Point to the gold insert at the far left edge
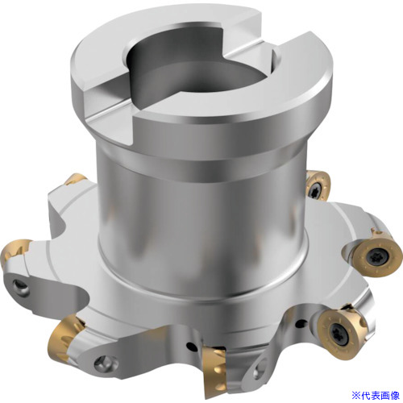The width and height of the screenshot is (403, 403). click(x=14, y=251)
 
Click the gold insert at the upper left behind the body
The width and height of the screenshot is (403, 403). click(x=76, y=180)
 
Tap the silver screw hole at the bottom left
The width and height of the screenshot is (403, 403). click(x=106, y=363)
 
